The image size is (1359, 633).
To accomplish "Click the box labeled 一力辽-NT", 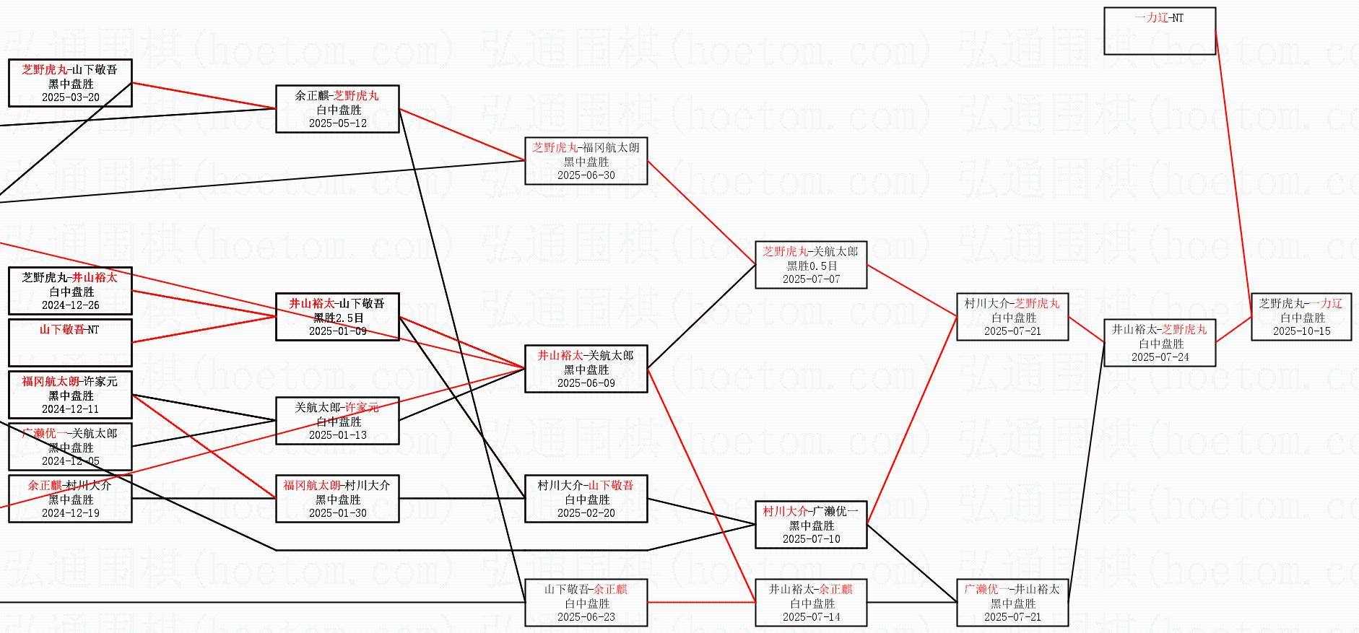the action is pos(1159,31).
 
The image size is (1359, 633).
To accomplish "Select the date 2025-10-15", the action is pos(1301,331).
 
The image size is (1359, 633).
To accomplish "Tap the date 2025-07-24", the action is pos(1160,357).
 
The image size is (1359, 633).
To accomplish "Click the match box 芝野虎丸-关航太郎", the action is pos(811,265).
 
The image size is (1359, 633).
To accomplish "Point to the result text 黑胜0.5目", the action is pos(812,266).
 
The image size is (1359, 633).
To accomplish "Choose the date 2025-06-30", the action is pos(586,175).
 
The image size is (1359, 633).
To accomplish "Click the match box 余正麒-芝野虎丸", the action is pos(337,109).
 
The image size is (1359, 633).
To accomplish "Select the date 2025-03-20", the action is pos(71,97).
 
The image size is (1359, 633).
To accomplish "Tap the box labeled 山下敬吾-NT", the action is pos(70,342).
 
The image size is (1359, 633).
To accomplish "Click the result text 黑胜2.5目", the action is pos(338,318).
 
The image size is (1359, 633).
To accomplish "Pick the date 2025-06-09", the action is pos(586,383).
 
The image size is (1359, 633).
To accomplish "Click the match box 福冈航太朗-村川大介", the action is pos(337,499).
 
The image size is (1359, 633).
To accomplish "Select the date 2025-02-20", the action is pos(586,513).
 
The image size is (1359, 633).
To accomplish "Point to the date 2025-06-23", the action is pos(586,617).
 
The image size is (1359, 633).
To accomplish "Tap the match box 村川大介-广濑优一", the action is pos(811,525).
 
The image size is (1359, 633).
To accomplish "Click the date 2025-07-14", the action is pos(811,617).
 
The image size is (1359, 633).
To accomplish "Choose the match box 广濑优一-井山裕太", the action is pos(1012,603).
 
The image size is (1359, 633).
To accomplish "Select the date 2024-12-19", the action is pos(71,513).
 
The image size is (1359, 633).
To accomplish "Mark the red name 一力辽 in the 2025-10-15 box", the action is pos(1327,304).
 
